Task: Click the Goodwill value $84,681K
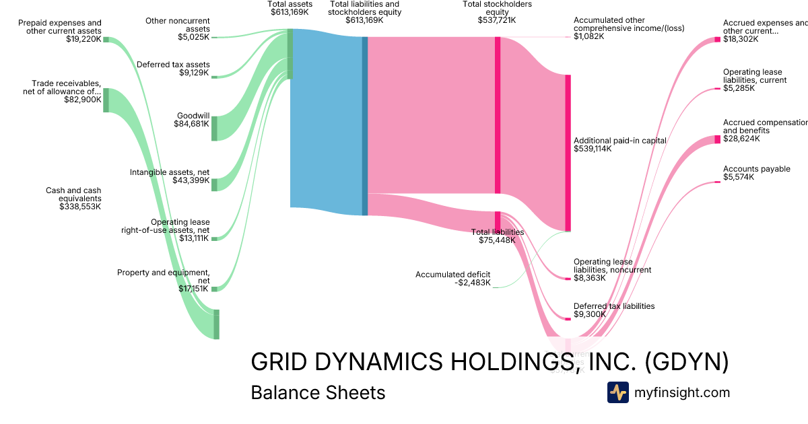click(191, 123)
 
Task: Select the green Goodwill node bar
click(215, 128)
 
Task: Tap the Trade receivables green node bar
click(106, 100)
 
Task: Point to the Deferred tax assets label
click(173, 65)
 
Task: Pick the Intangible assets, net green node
click(215, 184)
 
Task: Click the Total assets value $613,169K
click(290, 12)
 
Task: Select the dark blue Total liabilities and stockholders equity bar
click(365, 126)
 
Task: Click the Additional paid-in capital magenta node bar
click(568, 153)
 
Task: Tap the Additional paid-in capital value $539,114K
click(593, 149)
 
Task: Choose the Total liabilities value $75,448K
click(497, 240)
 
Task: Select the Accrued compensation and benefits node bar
click(717, 139)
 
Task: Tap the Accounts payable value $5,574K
click(738, 177)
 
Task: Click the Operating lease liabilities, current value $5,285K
click(739, 88)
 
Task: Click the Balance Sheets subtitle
click(318, 392)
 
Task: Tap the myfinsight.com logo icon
click(617, 392)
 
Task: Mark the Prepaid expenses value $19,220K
click(83, 39)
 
